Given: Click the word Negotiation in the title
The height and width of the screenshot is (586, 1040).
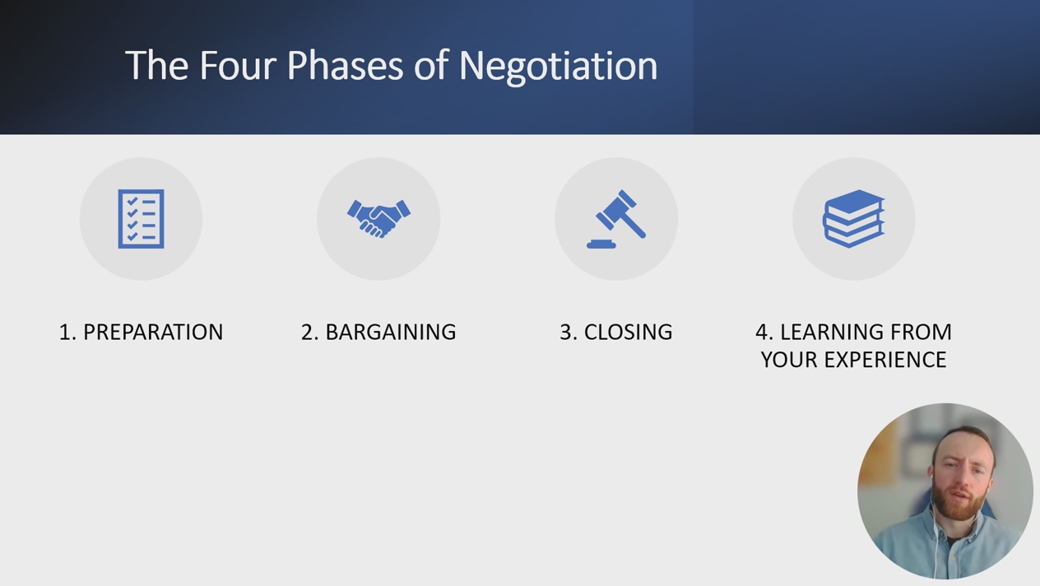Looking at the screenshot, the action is click(558, 66).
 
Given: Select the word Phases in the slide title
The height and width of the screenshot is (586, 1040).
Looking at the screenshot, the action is click(346, 66).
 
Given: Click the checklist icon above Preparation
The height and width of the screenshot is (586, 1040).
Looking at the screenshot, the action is click(142, 219).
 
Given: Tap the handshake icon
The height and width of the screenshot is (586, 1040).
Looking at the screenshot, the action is click(378, 219).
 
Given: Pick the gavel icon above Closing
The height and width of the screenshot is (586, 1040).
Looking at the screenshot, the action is click(616, 219).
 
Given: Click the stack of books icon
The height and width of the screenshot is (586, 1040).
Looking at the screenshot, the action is click(854, 219).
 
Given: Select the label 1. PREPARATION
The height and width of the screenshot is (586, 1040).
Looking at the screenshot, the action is click(142, 332).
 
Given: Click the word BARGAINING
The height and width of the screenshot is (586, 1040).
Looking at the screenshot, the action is click(391, 332).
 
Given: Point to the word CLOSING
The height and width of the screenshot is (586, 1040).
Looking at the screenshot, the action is click(628, 332).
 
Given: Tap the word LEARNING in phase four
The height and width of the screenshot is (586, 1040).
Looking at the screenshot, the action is click(831, 332).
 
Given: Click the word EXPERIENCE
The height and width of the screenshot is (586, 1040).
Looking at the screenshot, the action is click(885, 360).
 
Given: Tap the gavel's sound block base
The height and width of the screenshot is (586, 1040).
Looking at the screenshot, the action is click(601, 244).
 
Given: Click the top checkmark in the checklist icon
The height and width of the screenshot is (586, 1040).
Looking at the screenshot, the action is click(132, 202).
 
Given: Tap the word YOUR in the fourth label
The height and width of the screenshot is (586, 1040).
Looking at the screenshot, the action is click(789, 360).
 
